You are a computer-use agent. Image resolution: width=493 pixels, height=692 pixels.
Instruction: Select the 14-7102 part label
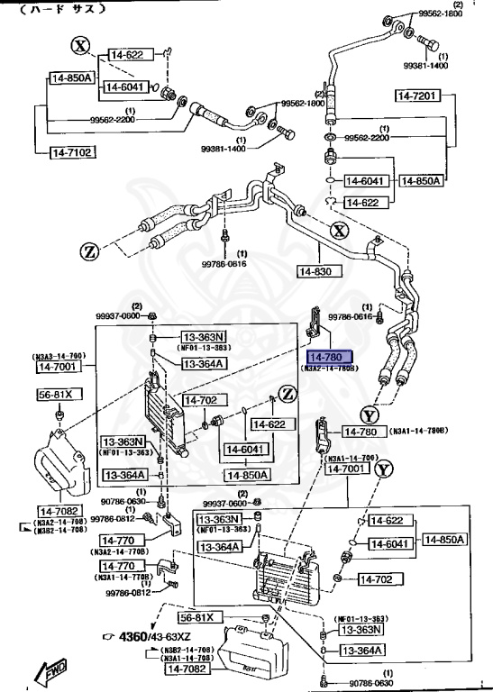click(x=70, y=152)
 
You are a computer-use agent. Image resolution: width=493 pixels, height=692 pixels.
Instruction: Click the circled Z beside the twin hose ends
click(x=88, y=250)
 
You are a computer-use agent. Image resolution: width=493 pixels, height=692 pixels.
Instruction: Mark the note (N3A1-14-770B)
click(x=121, y=576)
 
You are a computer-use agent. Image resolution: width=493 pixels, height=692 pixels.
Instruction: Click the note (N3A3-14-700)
click(x=59, y=356)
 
